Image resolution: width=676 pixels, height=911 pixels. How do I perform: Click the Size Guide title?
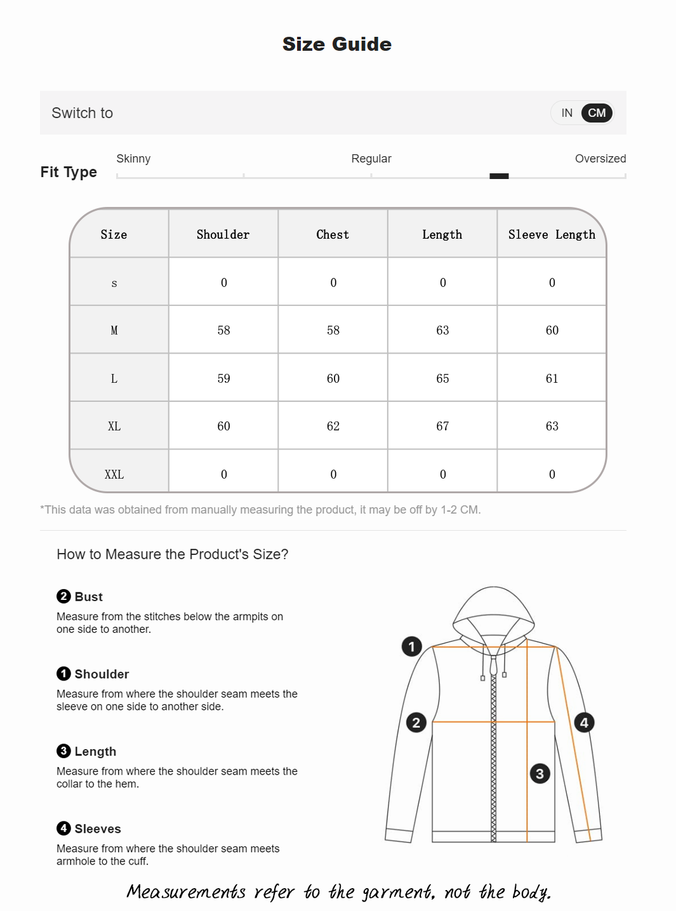337,44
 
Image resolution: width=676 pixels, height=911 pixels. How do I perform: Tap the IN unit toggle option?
567,113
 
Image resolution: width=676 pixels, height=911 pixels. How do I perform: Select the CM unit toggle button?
597,113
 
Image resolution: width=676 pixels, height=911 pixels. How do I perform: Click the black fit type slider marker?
499,176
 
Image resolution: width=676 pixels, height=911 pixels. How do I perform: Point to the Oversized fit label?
600,159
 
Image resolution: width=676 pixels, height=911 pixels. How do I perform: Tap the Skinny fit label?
133,159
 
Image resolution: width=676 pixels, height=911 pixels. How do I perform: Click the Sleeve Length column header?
552,234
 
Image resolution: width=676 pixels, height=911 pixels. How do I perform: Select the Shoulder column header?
223,234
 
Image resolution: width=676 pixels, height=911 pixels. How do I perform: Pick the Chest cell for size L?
333,378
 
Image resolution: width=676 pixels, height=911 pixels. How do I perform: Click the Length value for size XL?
442,426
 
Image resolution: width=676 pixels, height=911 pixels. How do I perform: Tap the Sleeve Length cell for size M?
552,330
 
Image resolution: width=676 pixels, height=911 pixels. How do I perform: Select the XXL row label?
114,474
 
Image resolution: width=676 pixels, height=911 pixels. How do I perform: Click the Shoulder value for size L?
223,378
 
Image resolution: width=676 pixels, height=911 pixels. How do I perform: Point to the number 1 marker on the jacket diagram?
411,646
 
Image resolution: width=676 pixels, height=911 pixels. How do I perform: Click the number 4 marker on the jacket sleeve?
584,722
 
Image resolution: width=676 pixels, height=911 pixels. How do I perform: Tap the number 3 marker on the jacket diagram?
540,773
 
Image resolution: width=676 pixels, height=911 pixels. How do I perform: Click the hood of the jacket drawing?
493,609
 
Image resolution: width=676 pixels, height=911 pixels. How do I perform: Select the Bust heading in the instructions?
88,597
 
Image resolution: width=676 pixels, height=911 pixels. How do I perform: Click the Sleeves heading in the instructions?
97,828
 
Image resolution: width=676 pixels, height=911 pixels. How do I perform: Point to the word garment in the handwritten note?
398,892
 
